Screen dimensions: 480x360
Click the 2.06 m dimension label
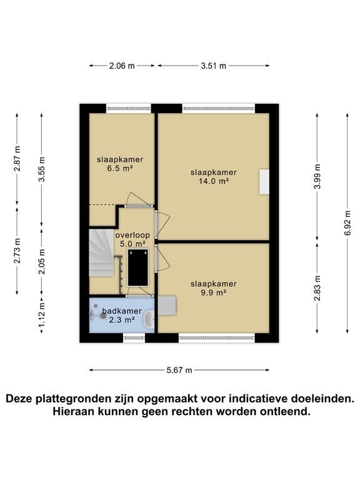coord(122,66)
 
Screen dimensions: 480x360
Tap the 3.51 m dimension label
coord(214,66)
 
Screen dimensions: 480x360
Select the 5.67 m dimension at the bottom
coord(179,370)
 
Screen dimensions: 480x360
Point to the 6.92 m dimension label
coord(347,222)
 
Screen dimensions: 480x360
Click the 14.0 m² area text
coord(214,181)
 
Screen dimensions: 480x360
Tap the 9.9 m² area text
coord(214,292)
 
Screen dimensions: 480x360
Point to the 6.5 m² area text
coord(119,168)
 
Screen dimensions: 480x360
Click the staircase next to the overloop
coord(100,253)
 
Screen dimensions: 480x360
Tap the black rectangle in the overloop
coord(138,267)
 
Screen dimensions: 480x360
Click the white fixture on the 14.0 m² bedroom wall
coord(264,182)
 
